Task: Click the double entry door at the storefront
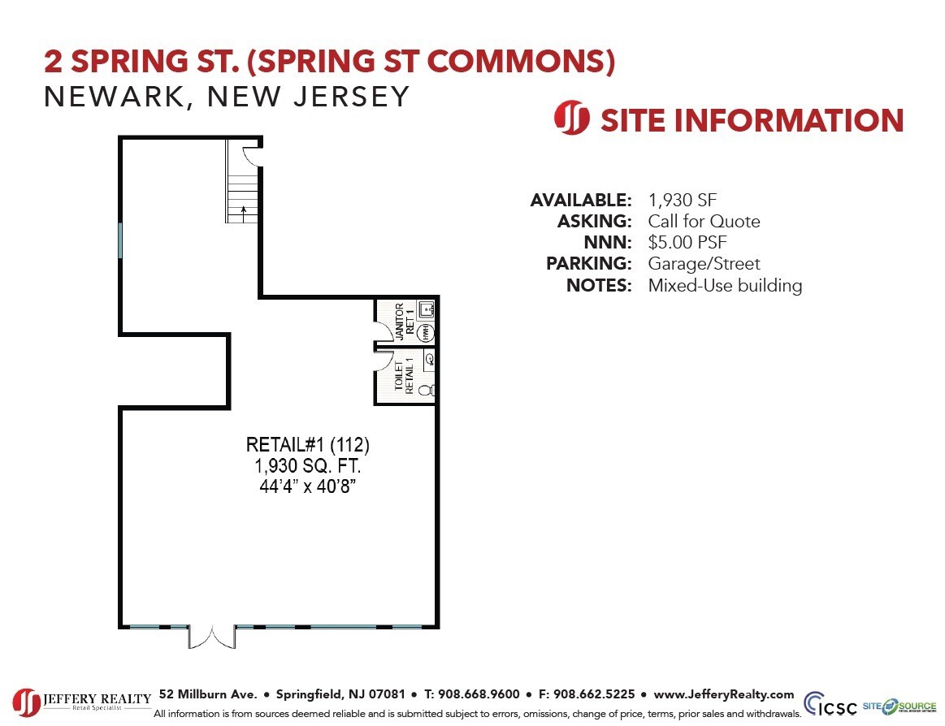(212, 636)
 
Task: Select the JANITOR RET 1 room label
(404, 321)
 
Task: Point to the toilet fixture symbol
(426, 390)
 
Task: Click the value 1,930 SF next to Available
(683, 200)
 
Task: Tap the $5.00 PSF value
(687, 243)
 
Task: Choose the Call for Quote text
(704, 221)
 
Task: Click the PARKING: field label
(588, 264)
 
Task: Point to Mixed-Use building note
(725, 286)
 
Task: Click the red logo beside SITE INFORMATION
(571, 119)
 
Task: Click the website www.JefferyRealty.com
(723, 694)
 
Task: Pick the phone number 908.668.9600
(479, 694)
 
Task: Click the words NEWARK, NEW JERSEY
(227, 97)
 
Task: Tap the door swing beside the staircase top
(252, 154)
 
